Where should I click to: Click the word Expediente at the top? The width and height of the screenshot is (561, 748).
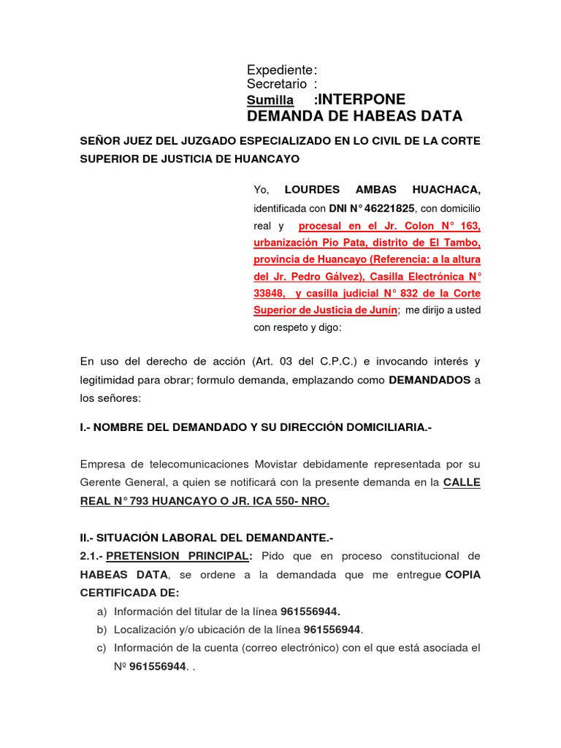(279, 70)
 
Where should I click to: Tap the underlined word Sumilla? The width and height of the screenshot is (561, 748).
(270, 100)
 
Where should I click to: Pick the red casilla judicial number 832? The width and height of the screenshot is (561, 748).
(411, 293)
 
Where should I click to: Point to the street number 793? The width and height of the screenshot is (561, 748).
(159, 501)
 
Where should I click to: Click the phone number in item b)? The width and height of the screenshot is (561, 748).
(332, 629)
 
